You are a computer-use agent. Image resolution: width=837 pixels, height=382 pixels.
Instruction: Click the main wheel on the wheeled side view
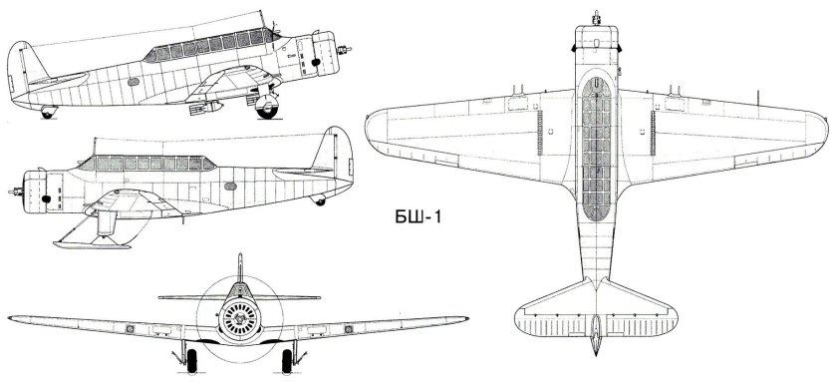(267, 106)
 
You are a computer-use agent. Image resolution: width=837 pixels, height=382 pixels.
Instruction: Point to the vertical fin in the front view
(240, 267)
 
